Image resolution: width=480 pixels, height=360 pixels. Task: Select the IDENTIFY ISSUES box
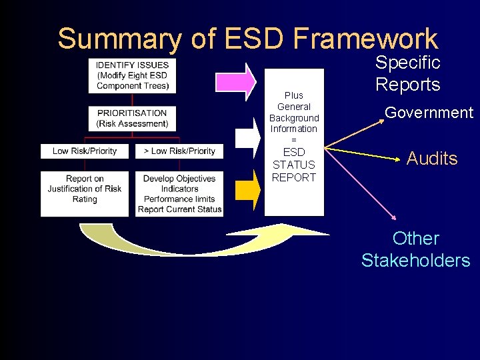(x=132, y=75)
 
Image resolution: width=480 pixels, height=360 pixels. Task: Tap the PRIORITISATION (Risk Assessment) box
(x=132, y=118)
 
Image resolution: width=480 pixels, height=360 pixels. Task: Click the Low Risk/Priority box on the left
(x=85, y=151)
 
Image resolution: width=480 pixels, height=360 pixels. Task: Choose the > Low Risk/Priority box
(x=179, y=151)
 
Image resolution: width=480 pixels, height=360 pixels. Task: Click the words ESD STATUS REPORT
(x=293, y=165)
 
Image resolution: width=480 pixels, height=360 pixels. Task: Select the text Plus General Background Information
(x=293, y=112)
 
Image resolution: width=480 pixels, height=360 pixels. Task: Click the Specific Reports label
(x=408, y=73)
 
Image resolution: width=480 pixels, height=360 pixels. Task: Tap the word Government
(x=429, y=113)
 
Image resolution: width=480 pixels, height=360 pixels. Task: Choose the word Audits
(x=432, y=159)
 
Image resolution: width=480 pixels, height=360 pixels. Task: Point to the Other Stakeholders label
(x=416, y=249)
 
